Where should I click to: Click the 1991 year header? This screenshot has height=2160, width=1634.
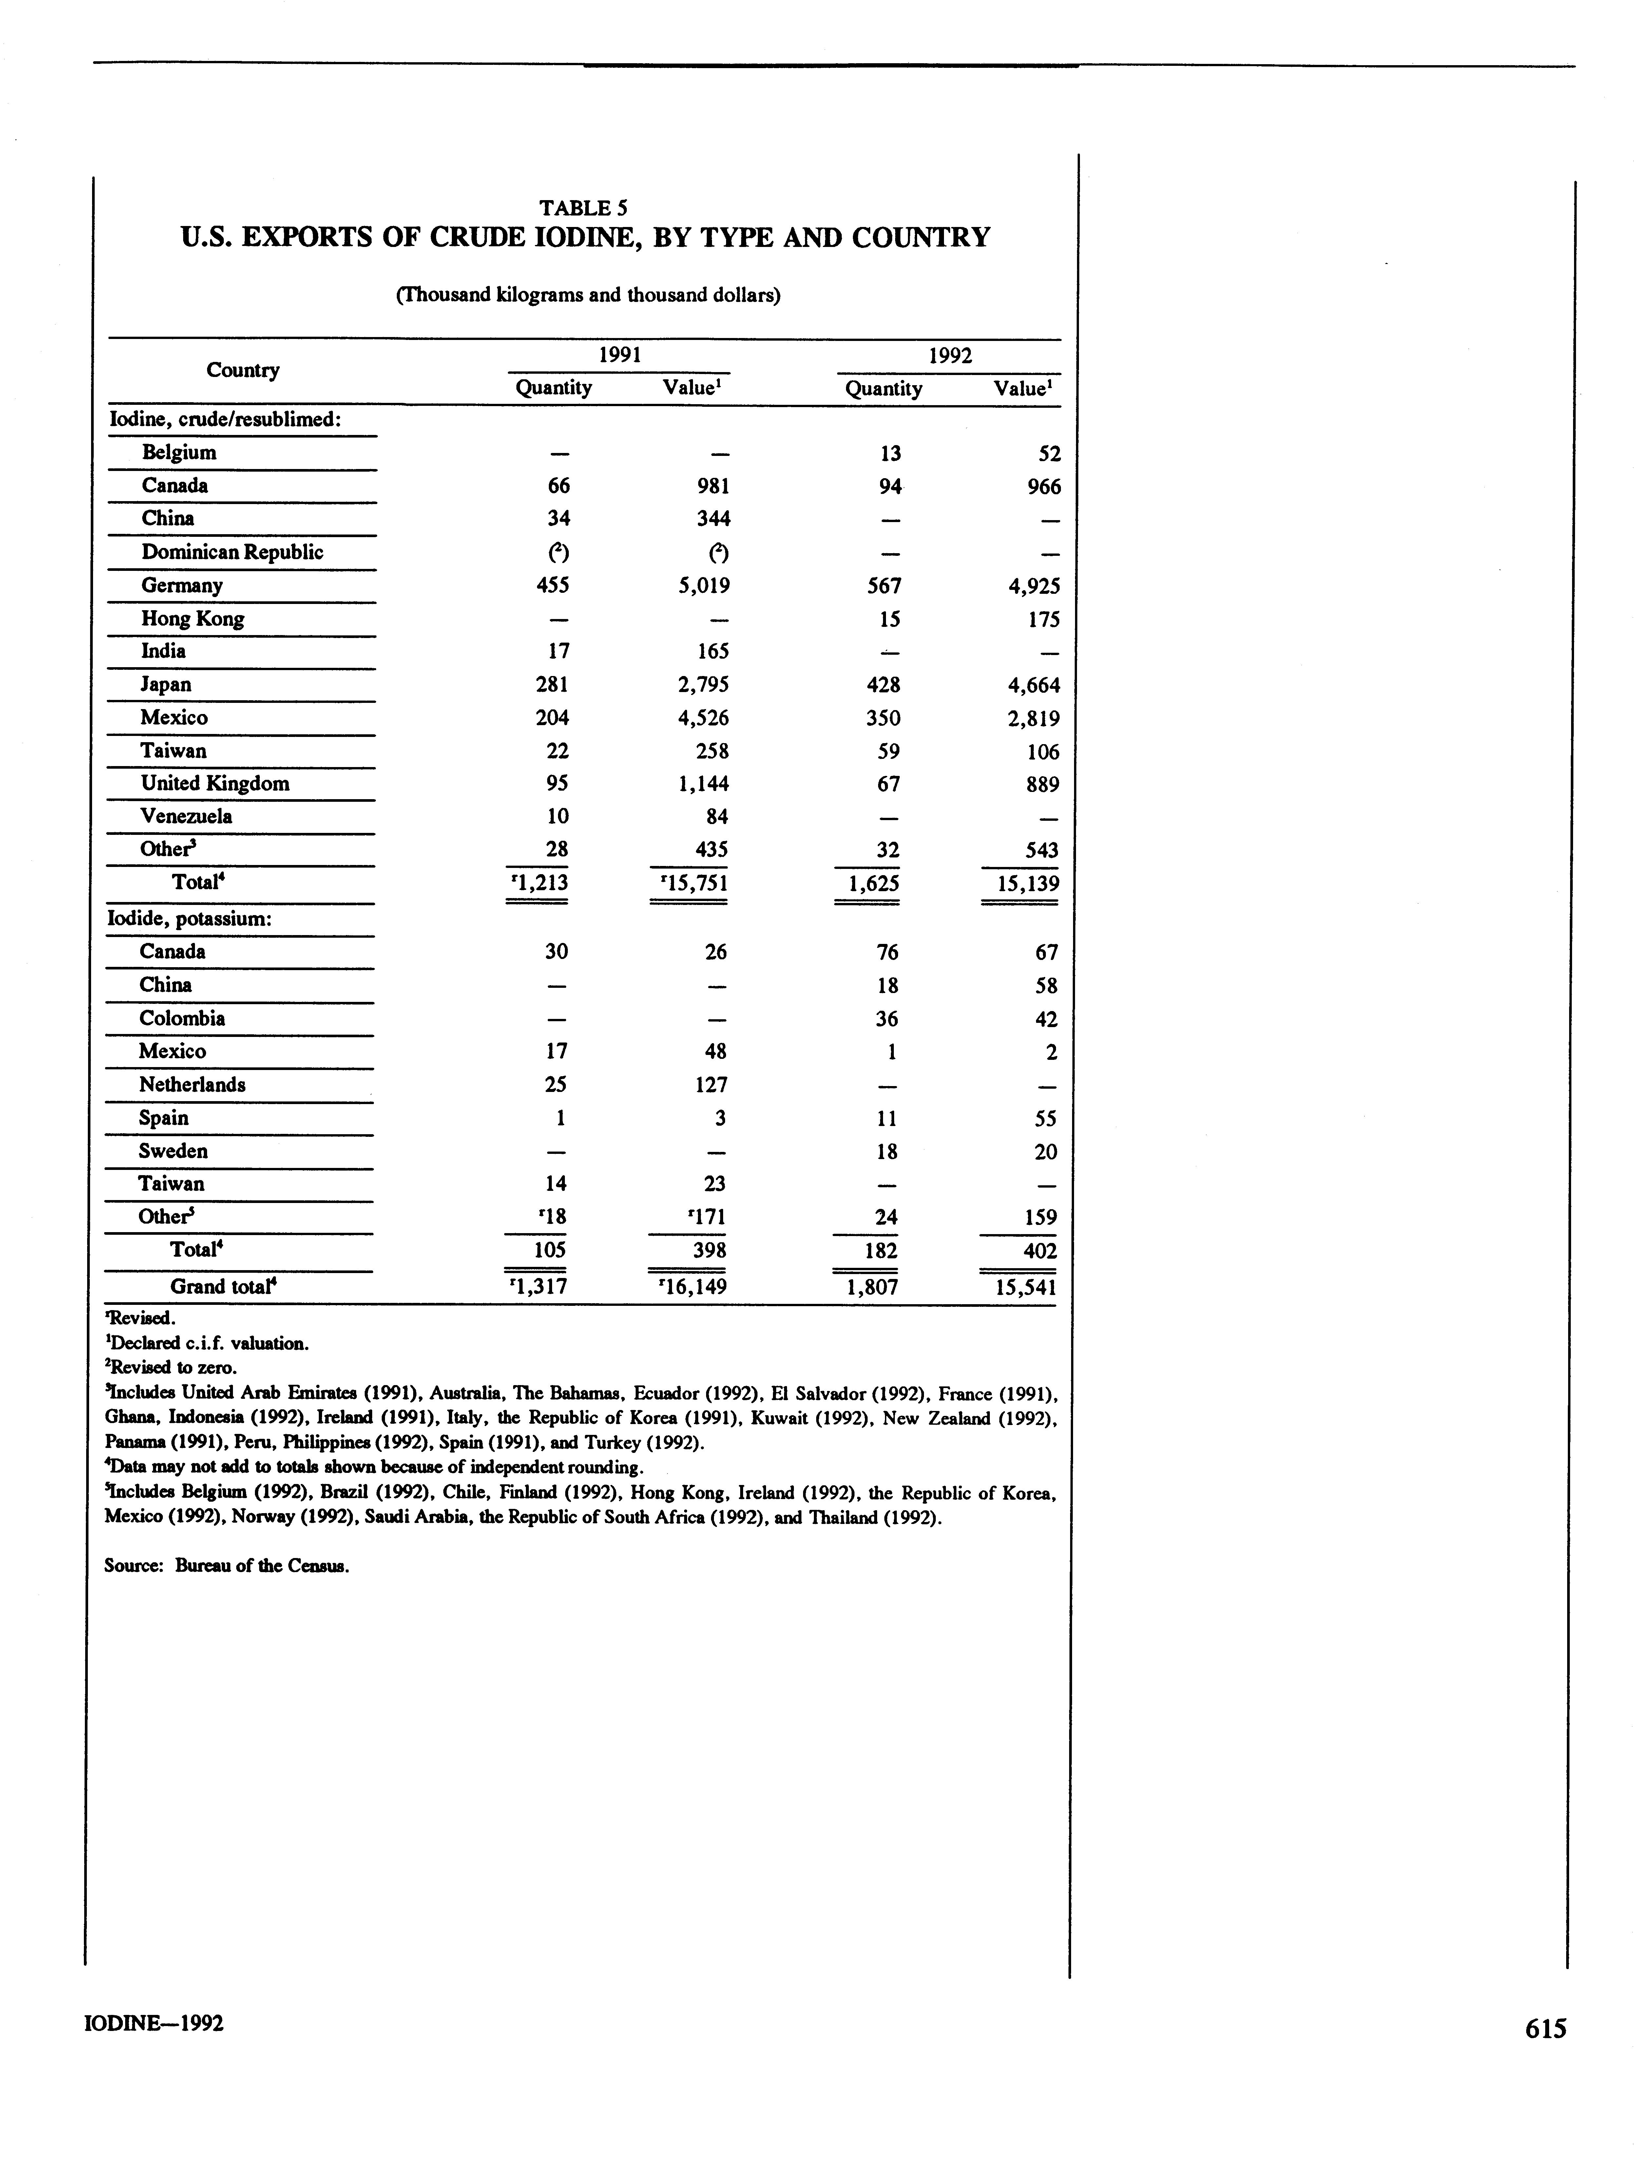click(x=619, y=355)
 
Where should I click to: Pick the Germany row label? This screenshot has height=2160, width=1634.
click(x=182, y=586)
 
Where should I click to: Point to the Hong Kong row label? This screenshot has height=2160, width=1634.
click(x=192, y=619)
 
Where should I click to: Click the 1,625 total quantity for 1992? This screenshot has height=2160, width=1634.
click(x=867, y=884)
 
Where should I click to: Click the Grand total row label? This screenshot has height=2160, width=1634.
click(x=225, y=1287)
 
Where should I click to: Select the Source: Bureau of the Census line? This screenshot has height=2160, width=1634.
click(x=227, y=1566)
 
